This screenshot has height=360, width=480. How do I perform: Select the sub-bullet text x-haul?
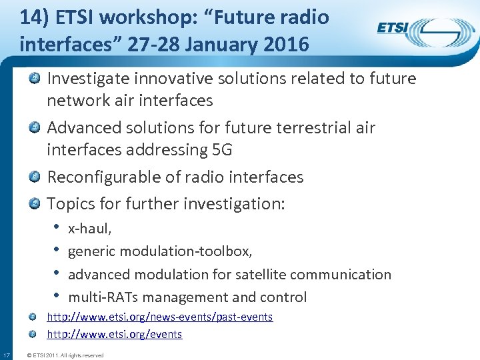(90, 229)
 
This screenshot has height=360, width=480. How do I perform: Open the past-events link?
(159, 317)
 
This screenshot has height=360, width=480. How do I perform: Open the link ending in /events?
(114, 334)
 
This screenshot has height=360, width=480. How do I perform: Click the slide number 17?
(6, 355)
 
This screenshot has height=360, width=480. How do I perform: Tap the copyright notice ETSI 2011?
(64, 355)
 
